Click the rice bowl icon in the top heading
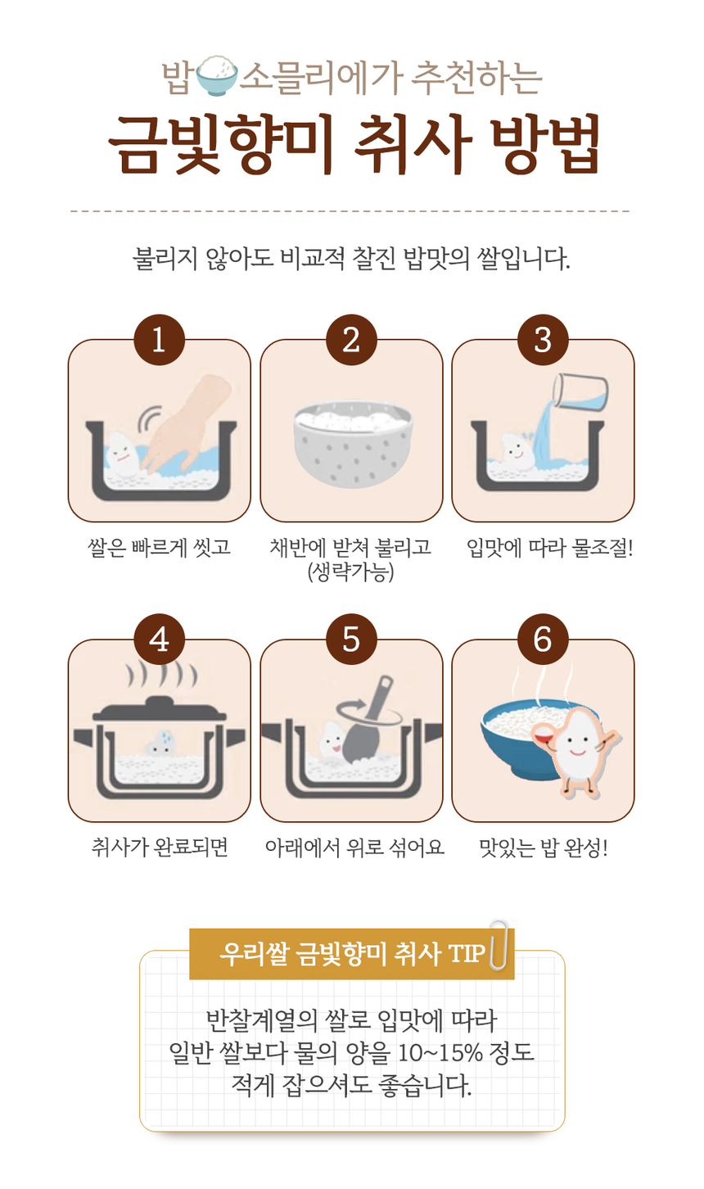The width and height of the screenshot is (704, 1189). tap(217, 75)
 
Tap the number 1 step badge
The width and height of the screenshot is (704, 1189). tap(159, 340)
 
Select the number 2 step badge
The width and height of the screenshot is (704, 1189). tap(351, 340)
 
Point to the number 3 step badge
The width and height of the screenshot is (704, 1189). tap(544, 340)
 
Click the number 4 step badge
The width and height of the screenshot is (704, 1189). tap(159, 639)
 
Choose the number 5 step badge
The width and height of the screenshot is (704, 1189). tap(351, 639)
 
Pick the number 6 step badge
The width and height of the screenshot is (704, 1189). tap(544, 639)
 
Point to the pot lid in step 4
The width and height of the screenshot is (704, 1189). tap(159, 708)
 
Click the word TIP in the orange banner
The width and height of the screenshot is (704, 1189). tap(467, 953)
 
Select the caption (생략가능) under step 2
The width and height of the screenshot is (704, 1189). tap(350, 572)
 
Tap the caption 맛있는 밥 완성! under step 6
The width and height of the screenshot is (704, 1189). tap(544, 848)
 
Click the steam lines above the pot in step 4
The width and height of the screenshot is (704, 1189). tap(162, 676)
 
